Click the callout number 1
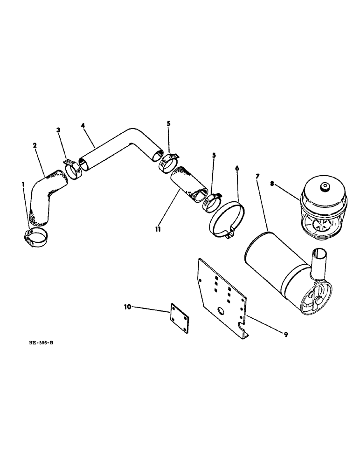[x=23, y=185]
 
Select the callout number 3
[x=58, y=131]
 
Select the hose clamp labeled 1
[x=36, y=238]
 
